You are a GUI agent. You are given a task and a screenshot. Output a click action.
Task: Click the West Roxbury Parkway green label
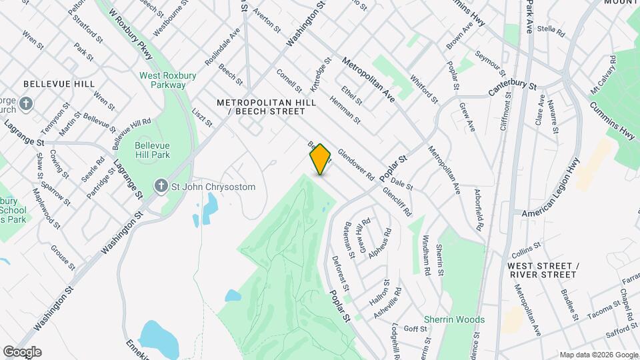pyautogui.click(x=167, y=80)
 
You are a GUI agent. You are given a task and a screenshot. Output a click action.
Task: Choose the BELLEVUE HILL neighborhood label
pyautogui.click(x=59, y=85)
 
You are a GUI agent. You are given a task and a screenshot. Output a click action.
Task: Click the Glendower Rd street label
pyautogui.click(x=356, y=164)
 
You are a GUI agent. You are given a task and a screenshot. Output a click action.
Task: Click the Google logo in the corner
pyautogui.click(x=21, y=352)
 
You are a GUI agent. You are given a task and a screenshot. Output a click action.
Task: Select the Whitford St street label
pyautogui.click(x=425, y=89)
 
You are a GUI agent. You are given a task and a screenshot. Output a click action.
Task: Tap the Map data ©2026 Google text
pyautogui.click(x=598, y=355)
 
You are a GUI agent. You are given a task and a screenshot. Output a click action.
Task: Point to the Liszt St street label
pyautogui.click(x=201, y=118)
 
